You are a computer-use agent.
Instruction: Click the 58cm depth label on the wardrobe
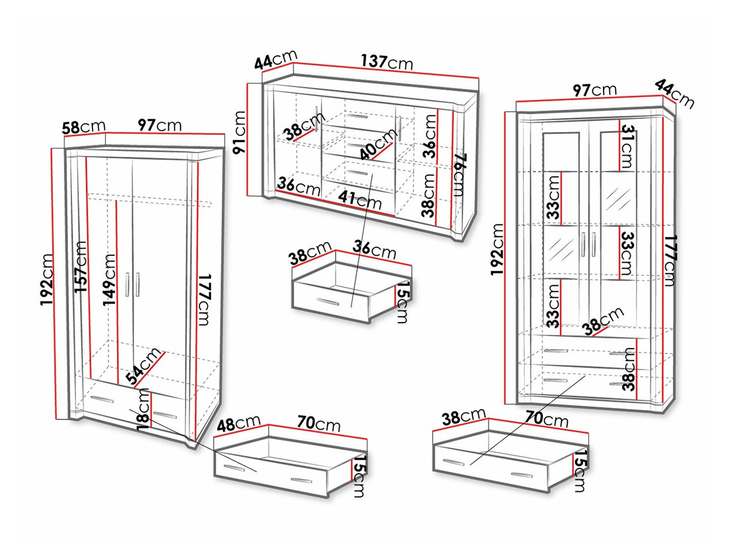84,127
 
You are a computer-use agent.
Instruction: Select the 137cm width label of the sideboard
387,62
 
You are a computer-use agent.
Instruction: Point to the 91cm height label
239,132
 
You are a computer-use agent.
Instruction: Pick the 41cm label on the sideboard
359,200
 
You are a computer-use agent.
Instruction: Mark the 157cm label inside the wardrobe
81,267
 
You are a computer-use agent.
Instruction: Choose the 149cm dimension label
109,279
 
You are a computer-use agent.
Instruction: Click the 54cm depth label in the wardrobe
143,366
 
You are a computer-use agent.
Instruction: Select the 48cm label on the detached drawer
238,423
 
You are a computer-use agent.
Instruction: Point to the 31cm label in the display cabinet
627,146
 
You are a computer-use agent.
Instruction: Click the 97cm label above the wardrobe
160,126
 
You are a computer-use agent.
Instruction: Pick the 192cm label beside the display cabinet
496,249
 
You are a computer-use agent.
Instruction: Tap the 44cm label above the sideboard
275,60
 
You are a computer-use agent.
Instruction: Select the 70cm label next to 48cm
318,423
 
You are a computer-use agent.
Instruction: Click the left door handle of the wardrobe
128,285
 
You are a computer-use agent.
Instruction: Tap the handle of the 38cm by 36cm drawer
328,302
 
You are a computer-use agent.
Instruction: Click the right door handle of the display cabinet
594,245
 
